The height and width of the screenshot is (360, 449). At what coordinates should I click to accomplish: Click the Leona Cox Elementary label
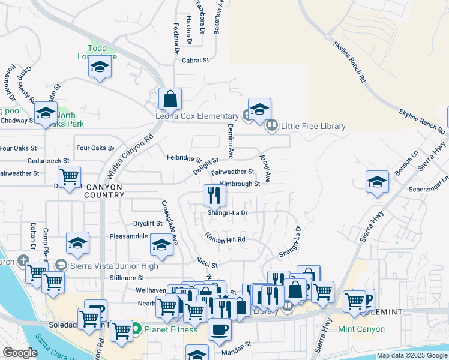tap(197, 116)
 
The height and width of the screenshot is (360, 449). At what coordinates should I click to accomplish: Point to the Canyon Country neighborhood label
tap(104, 191)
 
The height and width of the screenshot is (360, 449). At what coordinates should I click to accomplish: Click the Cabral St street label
tap(196, 60)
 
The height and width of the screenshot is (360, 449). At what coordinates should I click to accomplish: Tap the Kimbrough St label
tap(240, 184)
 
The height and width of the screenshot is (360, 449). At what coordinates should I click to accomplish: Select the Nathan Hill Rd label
tap(226, 238)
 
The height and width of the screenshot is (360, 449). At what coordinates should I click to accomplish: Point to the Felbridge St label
tap(184, 158)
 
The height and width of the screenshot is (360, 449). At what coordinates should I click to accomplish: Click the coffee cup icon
tap(219, 328)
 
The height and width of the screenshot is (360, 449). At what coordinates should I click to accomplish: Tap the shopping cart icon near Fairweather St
tap(70, 176)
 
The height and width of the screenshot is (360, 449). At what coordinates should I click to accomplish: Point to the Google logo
tap(19, 352)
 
